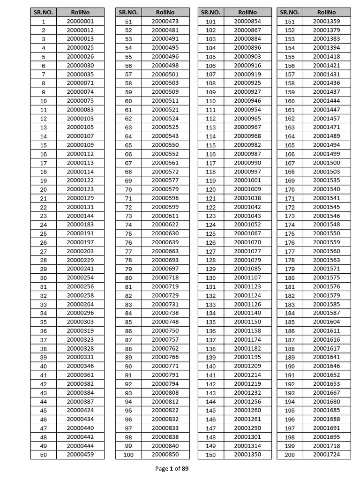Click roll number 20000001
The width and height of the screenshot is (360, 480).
pos(80,22)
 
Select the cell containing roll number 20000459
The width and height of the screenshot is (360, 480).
pos(80,455)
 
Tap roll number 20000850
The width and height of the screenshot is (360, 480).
pos(165,455)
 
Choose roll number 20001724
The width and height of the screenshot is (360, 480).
pos(326,455)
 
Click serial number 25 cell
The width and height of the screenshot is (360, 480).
pos(44,234)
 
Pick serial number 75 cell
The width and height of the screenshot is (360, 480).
pos(128,234)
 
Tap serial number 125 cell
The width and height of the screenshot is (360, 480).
pos(211,234)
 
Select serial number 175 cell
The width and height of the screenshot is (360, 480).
pos(290,234)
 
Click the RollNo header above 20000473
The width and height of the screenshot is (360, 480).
pos(165,12)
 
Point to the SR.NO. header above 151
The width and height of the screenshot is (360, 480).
pos(290,12)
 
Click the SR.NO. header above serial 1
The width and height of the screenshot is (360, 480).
pos(44,12)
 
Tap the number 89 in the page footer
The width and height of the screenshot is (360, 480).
pos(185,468)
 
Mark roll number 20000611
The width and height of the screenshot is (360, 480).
pos(165,216)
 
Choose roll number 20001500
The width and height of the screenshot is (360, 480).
pos(326,163)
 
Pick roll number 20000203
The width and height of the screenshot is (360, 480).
pos(80,251)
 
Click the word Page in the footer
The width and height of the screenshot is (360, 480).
pos(161,468)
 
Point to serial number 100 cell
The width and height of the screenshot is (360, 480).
pos(128,455)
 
